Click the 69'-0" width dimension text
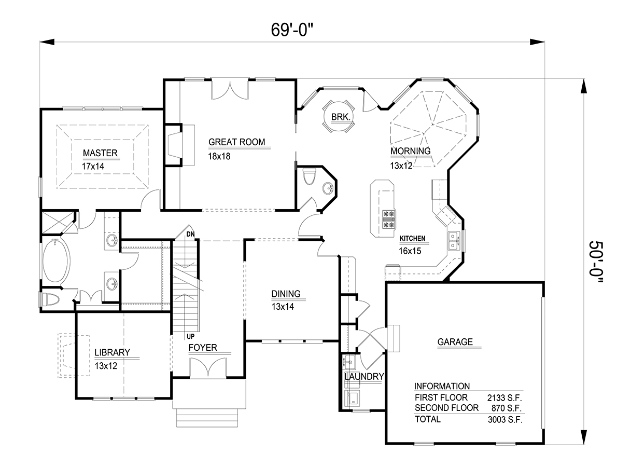click(292, 30)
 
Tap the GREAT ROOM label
click(236, 142)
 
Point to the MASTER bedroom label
click(100, 153)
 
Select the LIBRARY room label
click(112, 352)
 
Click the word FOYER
click(203, 348)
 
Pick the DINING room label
click(286, 294)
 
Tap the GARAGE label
click(455, 342)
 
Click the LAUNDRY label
click(364, 376)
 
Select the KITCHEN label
click(412, 238)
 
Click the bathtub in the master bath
click(56, 260)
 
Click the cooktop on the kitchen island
click(389, 219)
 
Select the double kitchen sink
click(454, 241)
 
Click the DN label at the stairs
click(190, 235)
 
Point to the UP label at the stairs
click(190, 337)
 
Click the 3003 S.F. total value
click(505, 420)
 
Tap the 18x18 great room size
click(219, 156)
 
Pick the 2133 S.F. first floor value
click(504, 397)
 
